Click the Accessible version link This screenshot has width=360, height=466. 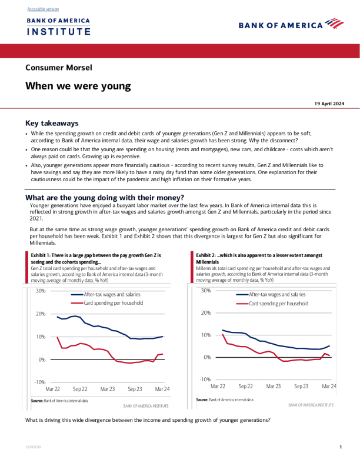pyautogui.click(x=43, y=9)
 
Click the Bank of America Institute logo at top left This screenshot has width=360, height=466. pyautogui.click(x=58, y=26)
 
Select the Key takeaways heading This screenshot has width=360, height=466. pyautogui.click(x=52, y=124)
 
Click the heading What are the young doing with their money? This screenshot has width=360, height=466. pyautogui.click(x=105, y=198)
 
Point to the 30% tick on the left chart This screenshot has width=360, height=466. pyautogui.click(x=41, y=291)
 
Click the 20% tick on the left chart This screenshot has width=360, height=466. pyautogui.click(x=41, y=314)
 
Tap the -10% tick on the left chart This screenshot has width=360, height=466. pyautogui.click(x=39, y=382)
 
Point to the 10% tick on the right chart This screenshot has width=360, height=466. pyautogui.click(x=206, y=335)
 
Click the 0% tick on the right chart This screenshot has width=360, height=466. pyautogui.click(x=207, y=357)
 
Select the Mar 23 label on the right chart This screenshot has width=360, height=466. pyautogui.click(x=274, y=387)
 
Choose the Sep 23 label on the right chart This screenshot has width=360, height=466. pyautogui.click(x=301, y=387)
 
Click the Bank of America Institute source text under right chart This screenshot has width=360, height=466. pyautogui.click(x=311, y=405)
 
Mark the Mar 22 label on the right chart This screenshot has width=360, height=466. pyautogui.click(x=218, y=387)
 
